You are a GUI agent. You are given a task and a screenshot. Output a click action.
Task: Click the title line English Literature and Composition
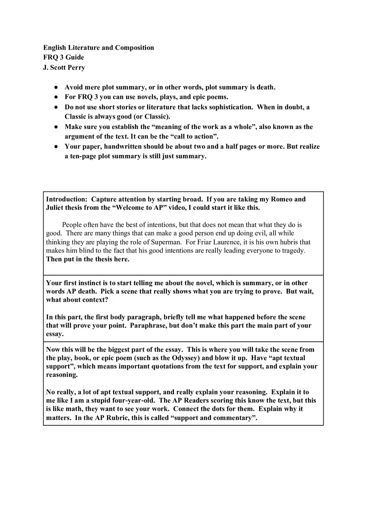[x=99, y=47]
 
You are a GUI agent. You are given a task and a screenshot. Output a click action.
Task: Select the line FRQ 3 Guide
[x=64, y=57]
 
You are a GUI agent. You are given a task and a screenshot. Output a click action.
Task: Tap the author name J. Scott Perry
[x=64, y=67]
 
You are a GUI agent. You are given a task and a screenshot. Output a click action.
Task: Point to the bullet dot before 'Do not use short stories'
[x=56, y=107]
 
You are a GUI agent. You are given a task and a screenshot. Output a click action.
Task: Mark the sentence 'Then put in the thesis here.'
[x=88, y=259]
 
